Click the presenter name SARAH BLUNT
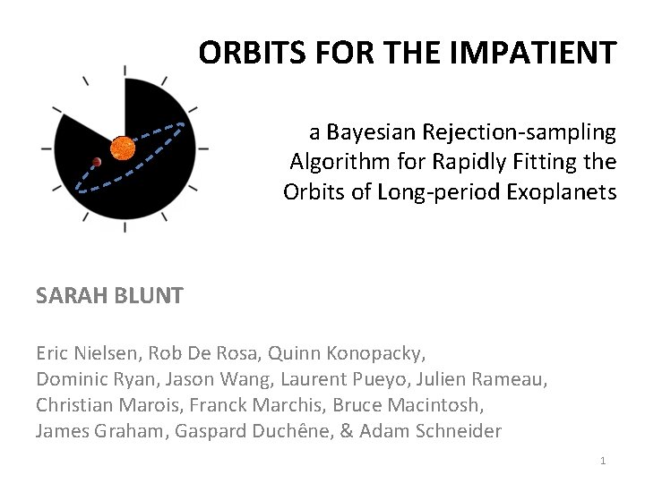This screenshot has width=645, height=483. click(x=109, y=295)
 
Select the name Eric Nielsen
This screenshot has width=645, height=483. click(x=87, y=353)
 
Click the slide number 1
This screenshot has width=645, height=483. click(x=603, y=461)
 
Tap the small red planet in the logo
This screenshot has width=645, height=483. click(x=96, y=163)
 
